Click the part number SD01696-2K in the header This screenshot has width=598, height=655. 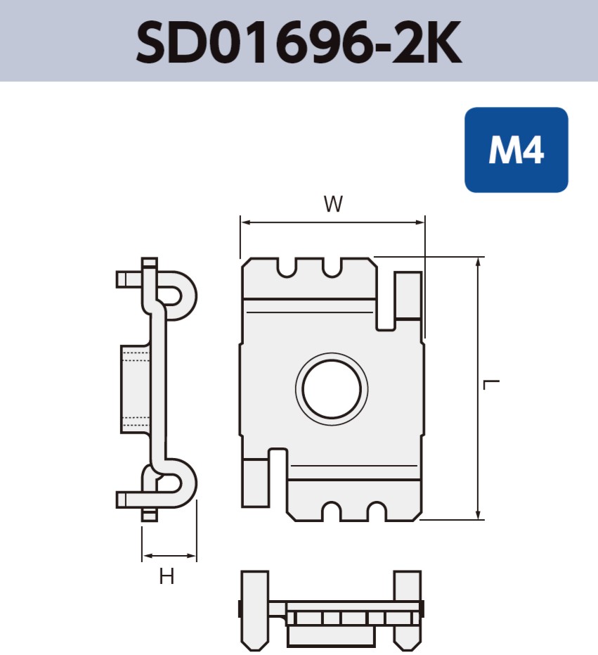[299, 42]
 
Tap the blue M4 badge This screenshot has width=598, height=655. [516, 150]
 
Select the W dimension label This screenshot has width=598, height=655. [333, 205]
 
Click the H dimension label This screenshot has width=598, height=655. [167, 578]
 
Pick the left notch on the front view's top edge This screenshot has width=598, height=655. [287, 267]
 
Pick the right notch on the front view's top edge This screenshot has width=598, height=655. [332, 267]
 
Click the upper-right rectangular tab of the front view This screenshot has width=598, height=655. [408, 295]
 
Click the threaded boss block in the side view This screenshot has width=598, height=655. [135, 389]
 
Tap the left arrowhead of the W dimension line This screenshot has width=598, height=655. [245, 222]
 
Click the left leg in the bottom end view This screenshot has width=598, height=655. [255, 609]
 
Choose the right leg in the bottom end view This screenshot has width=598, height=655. [408, 609]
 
